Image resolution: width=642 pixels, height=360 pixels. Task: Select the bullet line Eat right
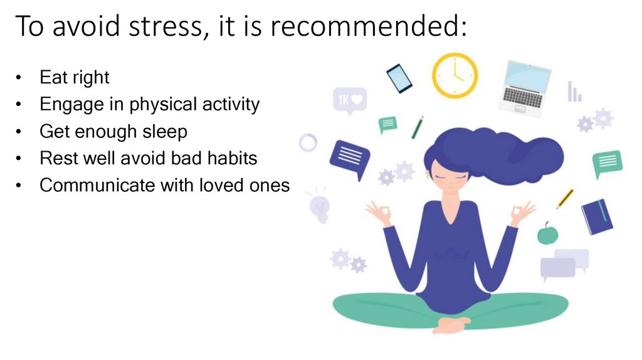[74, 77]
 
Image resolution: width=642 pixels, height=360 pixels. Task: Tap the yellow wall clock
[455, 75]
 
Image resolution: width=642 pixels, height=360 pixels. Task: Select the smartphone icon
[399, 78]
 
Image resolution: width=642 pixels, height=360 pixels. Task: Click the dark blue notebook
[597, 216]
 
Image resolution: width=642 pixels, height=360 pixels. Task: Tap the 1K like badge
[349, 101]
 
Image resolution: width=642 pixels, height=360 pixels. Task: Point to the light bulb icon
[319, 208]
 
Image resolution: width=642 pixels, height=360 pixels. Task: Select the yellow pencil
[565, 198]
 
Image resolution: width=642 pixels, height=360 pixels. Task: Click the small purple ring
[308, 142]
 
